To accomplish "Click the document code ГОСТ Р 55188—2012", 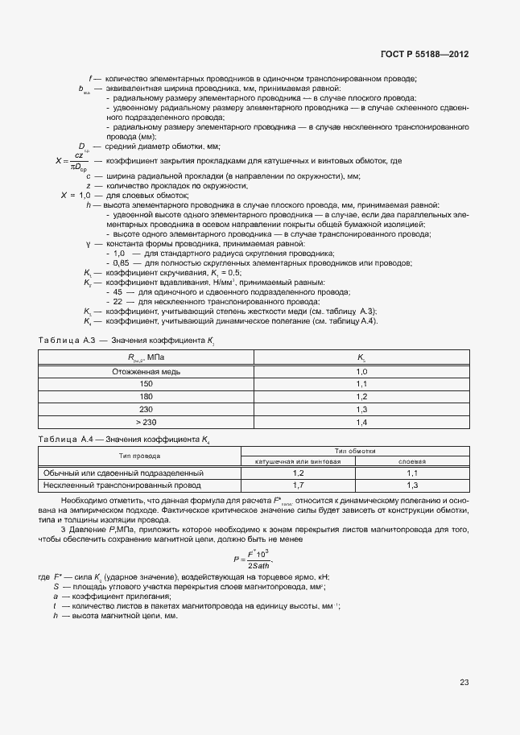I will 424,55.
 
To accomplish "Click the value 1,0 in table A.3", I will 361,372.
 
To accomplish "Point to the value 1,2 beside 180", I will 361,397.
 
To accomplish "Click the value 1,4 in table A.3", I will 361,422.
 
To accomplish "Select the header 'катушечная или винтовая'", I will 299,462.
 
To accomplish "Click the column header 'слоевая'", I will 412,462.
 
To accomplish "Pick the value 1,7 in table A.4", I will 299,485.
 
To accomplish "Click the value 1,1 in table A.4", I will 412,473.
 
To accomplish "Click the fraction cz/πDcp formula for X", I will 78,161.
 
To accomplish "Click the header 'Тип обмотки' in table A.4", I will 355,451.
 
